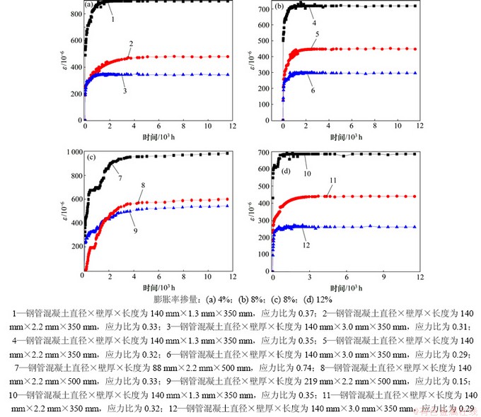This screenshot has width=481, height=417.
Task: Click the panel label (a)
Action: click(x=89, y=6)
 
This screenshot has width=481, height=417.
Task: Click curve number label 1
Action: click(x=112, y=19)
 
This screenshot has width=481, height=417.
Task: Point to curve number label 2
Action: click(x=132, y=43)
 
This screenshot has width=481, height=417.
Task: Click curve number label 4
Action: click(x=313, y=23)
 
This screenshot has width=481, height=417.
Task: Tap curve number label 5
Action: click(x=318, y=33)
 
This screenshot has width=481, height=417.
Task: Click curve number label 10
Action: click(x=307, y=173)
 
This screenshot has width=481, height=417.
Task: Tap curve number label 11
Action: click(x=330, y=180)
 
